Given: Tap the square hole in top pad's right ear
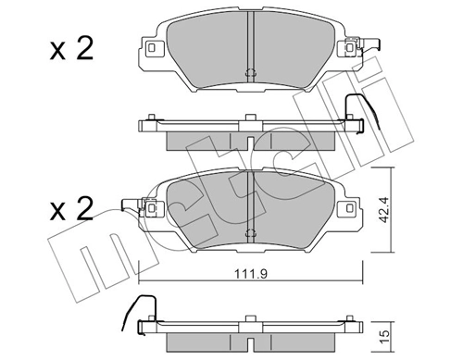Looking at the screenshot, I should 348,46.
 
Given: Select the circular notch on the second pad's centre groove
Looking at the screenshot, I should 252,233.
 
